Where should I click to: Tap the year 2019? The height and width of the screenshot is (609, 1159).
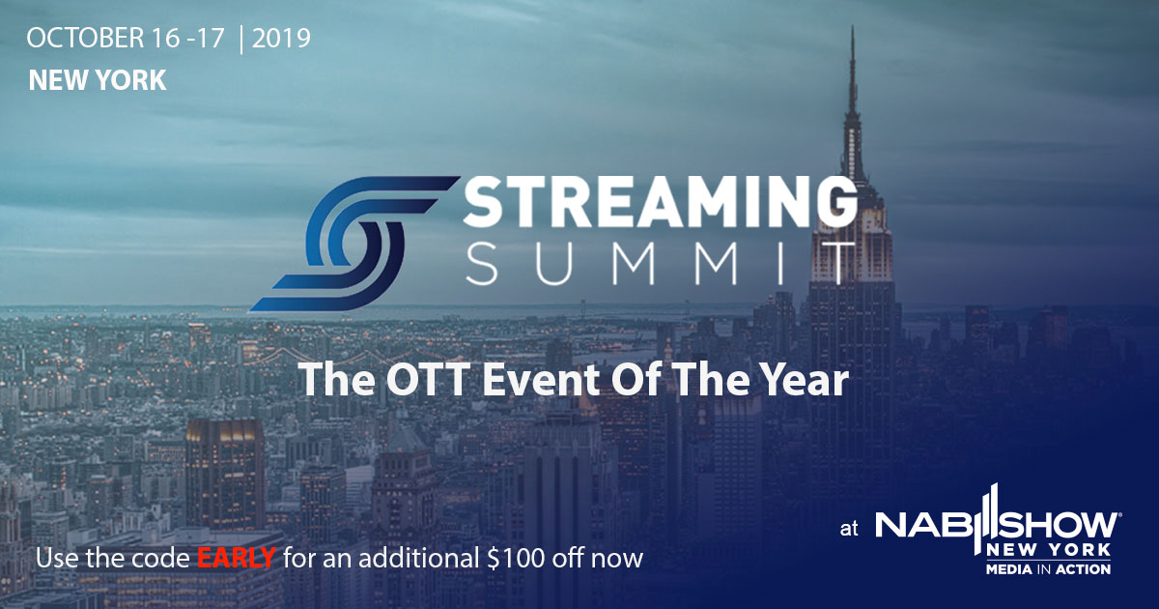pos(281,39)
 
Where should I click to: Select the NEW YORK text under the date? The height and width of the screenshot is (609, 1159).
pos(98,80)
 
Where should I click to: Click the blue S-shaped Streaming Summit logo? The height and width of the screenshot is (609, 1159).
pos(355,244)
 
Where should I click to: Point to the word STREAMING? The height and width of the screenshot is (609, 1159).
pos(660,202)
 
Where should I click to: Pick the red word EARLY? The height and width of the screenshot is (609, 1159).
pos(236,558)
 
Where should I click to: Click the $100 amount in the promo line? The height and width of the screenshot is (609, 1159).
pos(516,558)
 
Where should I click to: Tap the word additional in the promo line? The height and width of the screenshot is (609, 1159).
pos(419,558)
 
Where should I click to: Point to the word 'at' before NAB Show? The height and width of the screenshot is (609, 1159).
pos(849,529)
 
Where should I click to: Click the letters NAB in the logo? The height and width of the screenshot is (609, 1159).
pos(924,525)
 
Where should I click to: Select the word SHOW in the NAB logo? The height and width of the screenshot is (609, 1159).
pos(1060,525)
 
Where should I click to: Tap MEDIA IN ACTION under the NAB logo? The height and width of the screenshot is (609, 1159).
pos(1048,569)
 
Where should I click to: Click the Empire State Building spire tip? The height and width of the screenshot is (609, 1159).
pos(852,27)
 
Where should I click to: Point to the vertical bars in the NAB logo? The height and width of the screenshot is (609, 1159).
pos(988,518)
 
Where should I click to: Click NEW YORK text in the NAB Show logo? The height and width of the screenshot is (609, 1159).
pos(1048,550)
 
